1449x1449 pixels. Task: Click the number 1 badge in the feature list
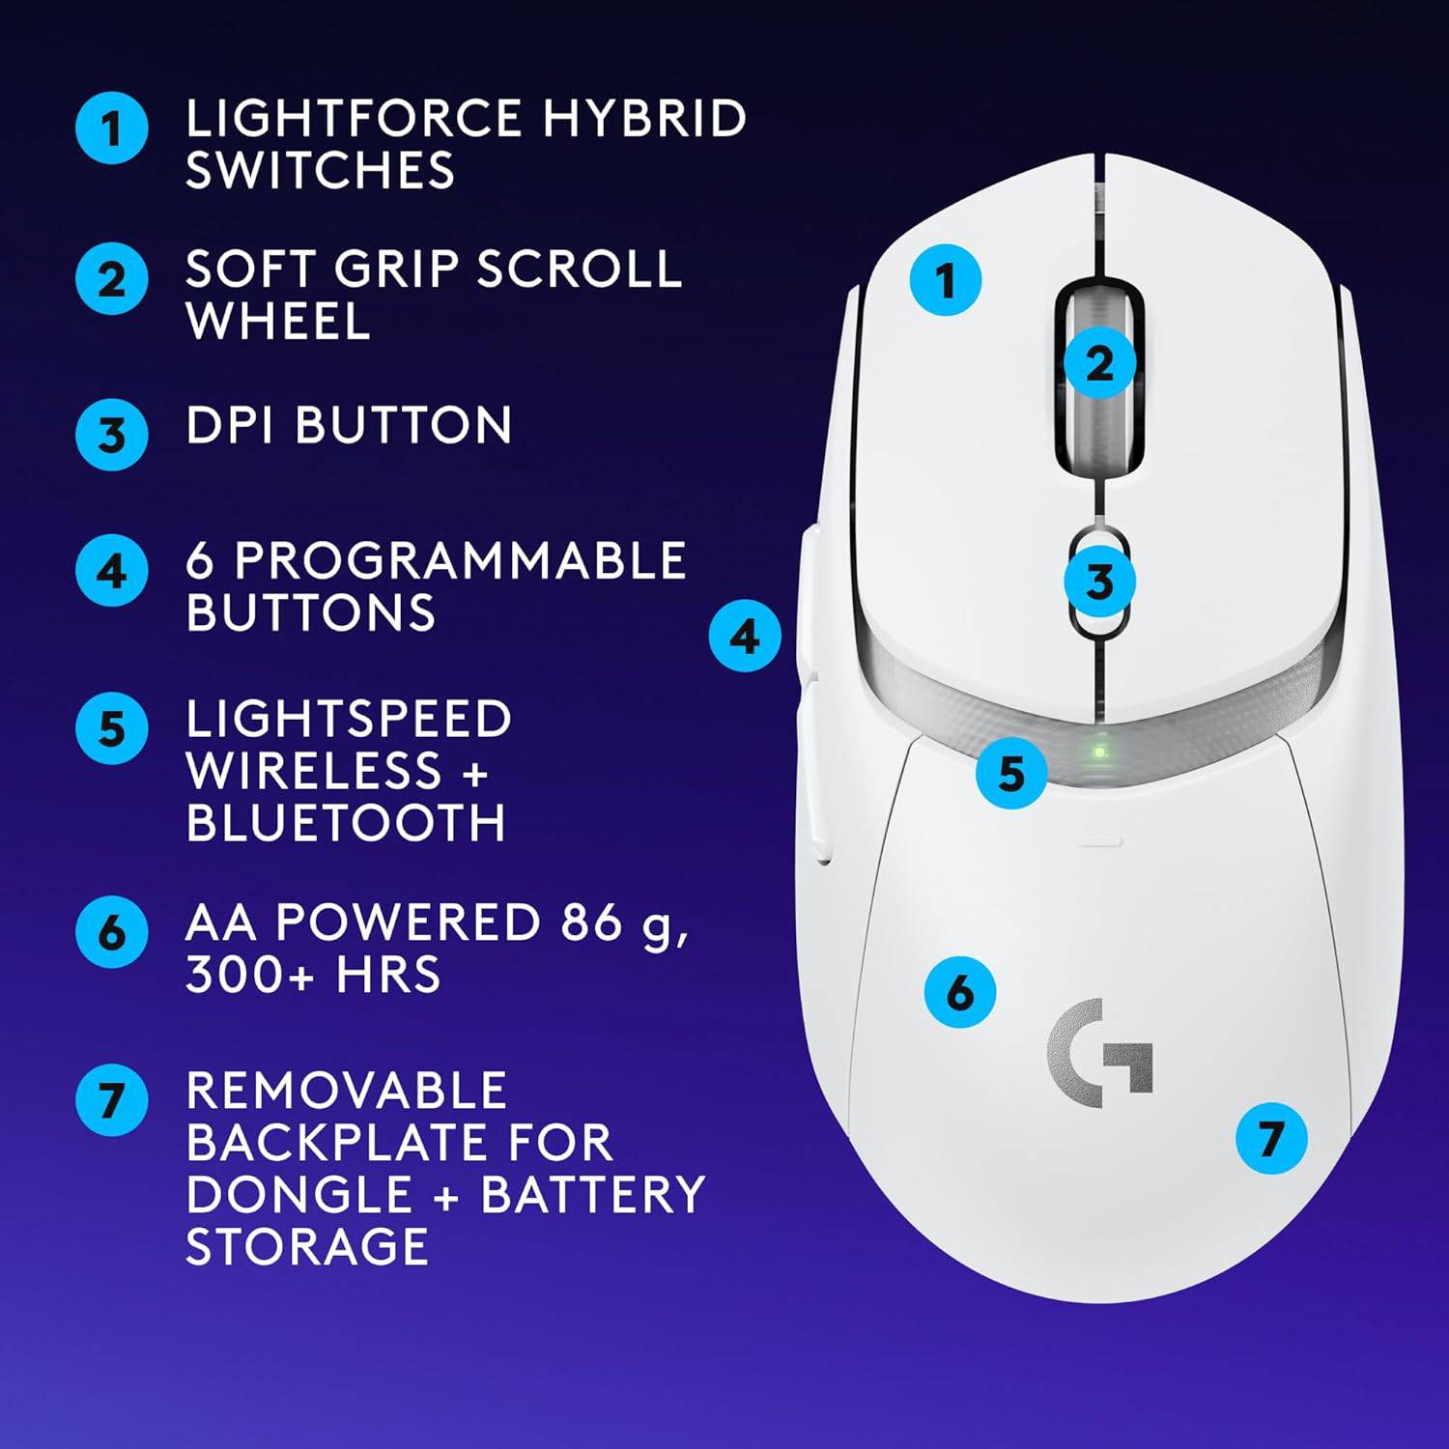pos(112,128)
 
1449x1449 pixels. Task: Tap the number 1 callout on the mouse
pos(945,280)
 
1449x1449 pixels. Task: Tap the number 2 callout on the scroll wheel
pos(1099,363)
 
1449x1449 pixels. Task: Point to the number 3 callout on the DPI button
pos(1099,582)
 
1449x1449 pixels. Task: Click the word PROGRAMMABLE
pos(460,560)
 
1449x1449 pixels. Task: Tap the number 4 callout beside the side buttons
pos(744,636)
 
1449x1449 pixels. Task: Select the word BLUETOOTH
pos(345,823)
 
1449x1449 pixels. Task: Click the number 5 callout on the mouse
pos(1010,773)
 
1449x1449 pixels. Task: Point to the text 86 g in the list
pos(624,923)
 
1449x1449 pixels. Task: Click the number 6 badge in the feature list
pos(112,932)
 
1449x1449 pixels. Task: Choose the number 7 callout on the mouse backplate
pos(1271,1138)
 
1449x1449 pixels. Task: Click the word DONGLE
pos(299,1194)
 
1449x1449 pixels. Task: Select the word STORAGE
pos(307,1246)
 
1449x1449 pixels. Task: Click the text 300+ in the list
pos(249,974)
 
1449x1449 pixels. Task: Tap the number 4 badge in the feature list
pos(112,571)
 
